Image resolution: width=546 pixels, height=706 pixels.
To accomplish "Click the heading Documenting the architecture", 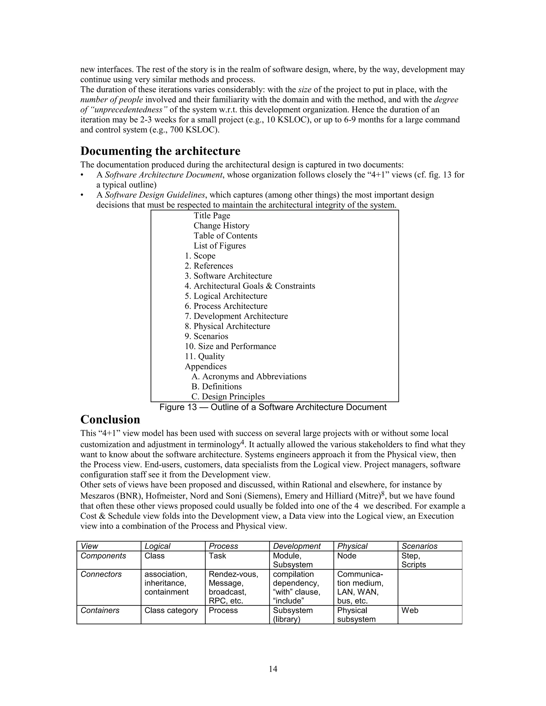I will point(160,151).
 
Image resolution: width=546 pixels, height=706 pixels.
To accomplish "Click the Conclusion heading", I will point(110,420).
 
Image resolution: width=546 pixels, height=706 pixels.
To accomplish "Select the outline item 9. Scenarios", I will point(206,336).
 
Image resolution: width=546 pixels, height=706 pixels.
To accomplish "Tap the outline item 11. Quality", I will point(204,356).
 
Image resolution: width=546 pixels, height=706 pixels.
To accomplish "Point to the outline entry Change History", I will point(221,226).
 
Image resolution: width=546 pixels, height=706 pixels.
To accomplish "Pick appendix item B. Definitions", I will point(216,387).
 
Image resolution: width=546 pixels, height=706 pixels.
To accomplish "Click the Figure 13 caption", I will point(273,407).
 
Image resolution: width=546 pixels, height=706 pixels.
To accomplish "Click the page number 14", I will point(273,669).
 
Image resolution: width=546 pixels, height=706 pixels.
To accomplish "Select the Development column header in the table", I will point(297,546).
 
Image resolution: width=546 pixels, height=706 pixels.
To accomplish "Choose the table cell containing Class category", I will point(171,610).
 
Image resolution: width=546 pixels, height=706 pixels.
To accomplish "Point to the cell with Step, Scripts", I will point(413,560).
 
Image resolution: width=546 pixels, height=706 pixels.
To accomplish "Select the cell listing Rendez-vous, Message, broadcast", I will point(233,587).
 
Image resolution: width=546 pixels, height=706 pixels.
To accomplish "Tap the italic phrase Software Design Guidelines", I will point(155,195).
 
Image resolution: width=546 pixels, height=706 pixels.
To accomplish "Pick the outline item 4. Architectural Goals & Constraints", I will point(250,286).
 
